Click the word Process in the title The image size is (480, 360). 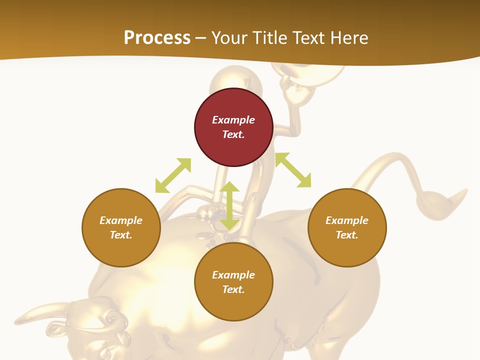tap(157, 38)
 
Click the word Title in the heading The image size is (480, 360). tap(269, 38)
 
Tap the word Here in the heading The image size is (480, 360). tap(348, 38)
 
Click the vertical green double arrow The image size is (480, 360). tap(229, 205)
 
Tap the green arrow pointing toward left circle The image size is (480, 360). tap(172, 175)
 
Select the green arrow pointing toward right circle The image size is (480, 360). tap(293, 170)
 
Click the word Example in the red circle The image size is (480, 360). tap(233, 120)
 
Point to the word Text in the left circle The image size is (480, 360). tap(121, 235)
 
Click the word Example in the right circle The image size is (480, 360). tap(347, 220)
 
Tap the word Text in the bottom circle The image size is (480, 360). tap(233, 289)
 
